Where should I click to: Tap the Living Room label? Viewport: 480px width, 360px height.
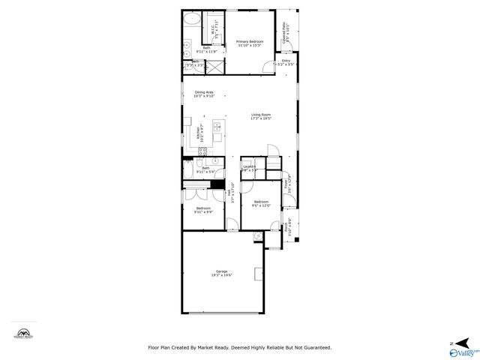tap(261, 116)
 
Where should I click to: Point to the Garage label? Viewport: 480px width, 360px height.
tap(221, 273)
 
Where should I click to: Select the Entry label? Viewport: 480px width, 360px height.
tap(285, 63)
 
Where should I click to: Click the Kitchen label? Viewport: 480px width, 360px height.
tap(199, 133)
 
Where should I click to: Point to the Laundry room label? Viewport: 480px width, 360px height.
tap(249, 168)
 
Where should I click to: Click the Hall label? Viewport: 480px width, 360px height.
tap(233, 193)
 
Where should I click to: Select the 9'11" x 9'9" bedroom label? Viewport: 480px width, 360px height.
tap(204, 210)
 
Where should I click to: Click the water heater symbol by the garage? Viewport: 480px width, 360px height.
tap(259, 235)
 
